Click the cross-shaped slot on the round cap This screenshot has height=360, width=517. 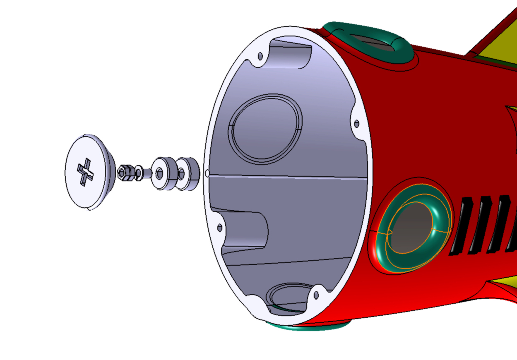pos(85,171)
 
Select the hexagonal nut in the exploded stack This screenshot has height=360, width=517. pos(125,173)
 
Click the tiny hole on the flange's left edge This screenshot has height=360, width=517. pos(207,174)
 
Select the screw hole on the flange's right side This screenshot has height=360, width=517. pos(356,123)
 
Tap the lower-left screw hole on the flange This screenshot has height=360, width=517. pos(219,228)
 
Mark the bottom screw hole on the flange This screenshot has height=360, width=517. pos(316,295)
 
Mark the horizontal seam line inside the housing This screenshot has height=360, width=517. pos(290,177)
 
